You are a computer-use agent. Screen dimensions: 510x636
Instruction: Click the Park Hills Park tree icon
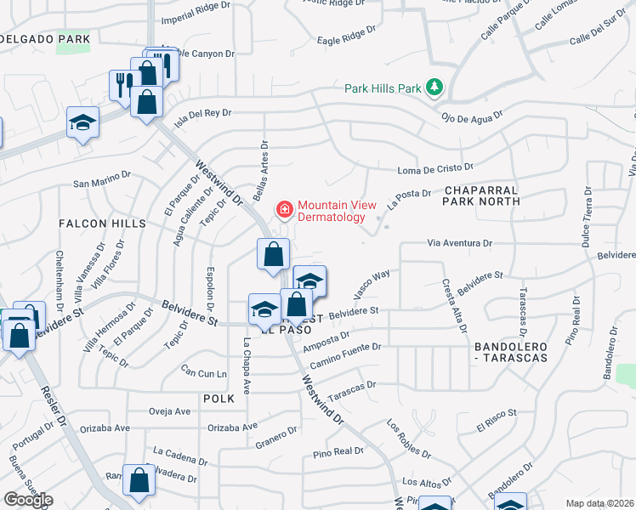(x=435, y=88)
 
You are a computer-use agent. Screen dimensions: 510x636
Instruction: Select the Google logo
(x=28, y=500)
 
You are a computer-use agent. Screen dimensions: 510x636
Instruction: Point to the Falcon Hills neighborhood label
(x=102, y=223)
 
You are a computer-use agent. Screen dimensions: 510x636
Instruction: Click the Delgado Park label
(x=45, y=39)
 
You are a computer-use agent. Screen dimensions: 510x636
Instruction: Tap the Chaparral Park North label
(x=480, y=195)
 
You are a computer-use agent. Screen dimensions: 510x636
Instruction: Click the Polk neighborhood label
(x=218, y=398)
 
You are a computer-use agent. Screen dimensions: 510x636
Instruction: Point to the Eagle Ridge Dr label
(x=345, y=36)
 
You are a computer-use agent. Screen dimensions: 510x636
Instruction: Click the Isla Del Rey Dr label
(x=202, y=113)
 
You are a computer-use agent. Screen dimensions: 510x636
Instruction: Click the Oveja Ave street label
(x=169, y=411)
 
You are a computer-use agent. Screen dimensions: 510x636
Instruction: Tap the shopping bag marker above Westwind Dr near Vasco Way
(x=274, y=255)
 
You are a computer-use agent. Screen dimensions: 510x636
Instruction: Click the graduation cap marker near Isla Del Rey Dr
(x=82, y=125)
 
